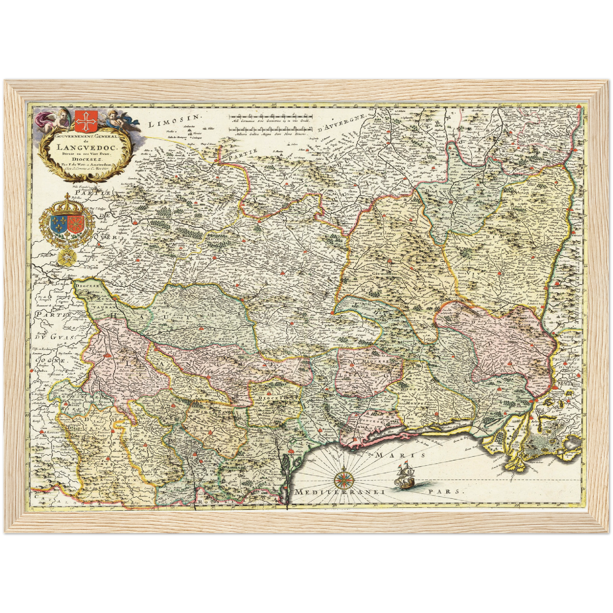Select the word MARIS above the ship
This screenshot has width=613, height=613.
tap(400, 454)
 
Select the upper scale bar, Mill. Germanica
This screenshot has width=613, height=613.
tap(271, 117)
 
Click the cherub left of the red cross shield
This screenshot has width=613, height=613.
tap(59, 118)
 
